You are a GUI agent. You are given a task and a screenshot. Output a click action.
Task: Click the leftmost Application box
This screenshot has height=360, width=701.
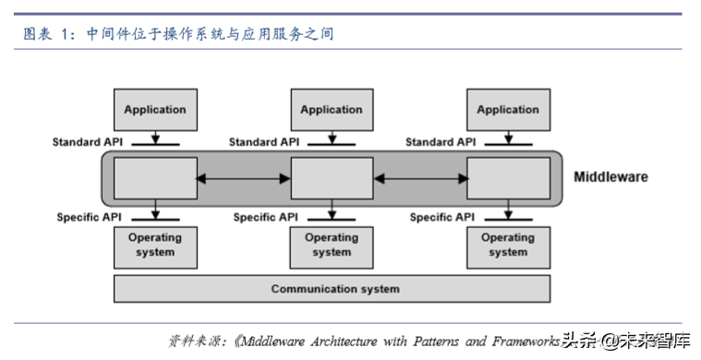click(154, 110)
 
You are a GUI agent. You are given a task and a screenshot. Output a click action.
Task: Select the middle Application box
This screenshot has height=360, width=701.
click(331, 110)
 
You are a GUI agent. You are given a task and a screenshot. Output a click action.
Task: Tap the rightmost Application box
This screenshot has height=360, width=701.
click(507, 110)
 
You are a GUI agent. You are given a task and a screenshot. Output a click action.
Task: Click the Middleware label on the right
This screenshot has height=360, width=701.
click(610, 177)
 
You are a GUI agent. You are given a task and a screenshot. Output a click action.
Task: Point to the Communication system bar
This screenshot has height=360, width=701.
click(334, 289)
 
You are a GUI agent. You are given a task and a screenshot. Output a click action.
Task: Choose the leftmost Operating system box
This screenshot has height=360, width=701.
click(154, 246)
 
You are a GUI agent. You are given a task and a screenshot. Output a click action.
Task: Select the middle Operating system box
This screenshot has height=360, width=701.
click(331, 246)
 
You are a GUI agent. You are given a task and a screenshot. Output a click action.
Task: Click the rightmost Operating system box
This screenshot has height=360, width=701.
click(507, 246)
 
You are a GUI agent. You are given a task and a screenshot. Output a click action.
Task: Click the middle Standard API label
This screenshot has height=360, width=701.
click(263, 142)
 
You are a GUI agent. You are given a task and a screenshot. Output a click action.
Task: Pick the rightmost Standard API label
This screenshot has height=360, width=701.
click(441, 142)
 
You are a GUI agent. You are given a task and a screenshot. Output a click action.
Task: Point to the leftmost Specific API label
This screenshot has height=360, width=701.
click(90, 217)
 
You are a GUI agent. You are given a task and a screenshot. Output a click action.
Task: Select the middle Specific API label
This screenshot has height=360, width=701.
click(267, 217)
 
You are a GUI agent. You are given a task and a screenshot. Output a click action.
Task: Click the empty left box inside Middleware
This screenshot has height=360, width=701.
click(154, 178)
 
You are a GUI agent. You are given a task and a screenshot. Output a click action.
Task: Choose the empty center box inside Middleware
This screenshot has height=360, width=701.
click(331, 178)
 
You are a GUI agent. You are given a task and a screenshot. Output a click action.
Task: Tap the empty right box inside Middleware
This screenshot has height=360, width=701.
click(507, 178)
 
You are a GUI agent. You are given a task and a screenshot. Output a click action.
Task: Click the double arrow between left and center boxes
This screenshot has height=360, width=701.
click(244, 178)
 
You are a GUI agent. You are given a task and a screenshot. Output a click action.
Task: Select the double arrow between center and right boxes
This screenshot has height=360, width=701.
click(419, 178)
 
